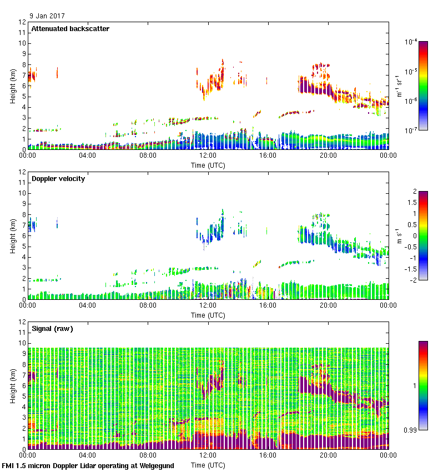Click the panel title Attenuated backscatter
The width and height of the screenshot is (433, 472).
click(71, 29)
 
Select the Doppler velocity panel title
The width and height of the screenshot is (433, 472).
click(58, 179)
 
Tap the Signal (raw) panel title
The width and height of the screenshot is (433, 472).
click(52, 329)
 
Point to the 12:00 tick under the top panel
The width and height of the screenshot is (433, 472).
click(208, 155)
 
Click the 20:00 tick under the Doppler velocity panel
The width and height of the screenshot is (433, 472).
click(328, 305)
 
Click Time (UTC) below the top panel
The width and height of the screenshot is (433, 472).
click(208, 165)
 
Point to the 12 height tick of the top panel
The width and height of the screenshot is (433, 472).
click(23, 22)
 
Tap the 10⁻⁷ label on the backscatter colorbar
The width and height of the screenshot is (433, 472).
click(412, 130)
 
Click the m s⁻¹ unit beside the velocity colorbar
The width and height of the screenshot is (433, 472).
click(399, 235)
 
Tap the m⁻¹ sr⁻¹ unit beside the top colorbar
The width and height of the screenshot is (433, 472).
click(399, 86)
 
